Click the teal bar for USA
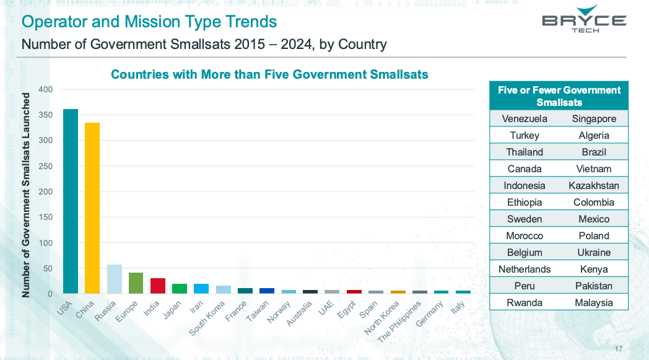point(71,201)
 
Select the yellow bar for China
point(92,208)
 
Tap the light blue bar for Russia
point(115,279)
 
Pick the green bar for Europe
point(136,283)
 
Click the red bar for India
point(158,286)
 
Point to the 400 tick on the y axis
point(45,90)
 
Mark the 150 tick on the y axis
point(45,217)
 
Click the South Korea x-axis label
point(208,318)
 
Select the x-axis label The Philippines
point(399,321)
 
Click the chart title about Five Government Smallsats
point(269,74)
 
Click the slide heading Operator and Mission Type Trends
point(149,22)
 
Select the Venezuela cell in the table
point(525,119)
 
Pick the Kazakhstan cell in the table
point(593,186)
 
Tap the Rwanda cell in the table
point(525,303)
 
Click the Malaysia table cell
point(593,303)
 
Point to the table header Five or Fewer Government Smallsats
point(559,96)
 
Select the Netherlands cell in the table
point(525,270)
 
